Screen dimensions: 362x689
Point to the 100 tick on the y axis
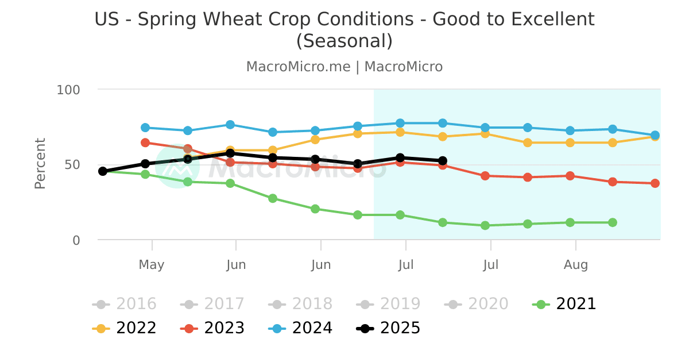(x=68, y=90)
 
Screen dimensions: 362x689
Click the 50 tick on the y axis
(x=72, y=165)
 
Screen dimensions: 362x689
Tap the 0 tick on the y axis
(x=76, y=240)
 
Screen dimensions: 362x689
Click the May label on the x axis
(x=152, y=265)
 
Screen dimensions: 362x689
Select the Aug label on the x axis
(x=576, y=265)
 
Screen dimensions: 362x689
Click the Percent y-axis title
(x=40, y=164)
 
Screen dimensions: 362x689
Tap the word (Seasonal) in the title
(x=344, y=41)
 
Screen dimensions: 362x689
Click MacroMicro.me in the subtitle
(x=298, y=67)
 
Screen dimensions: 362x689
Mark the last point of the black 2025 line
(x=443, y=161)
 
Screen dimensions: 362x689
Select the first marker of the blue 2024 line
(x=145, y=128)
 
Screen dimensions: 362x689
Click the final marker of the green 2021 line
(x=613, y=222)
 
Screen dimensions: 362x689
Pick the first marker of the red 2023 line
(x=145, y=143)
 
